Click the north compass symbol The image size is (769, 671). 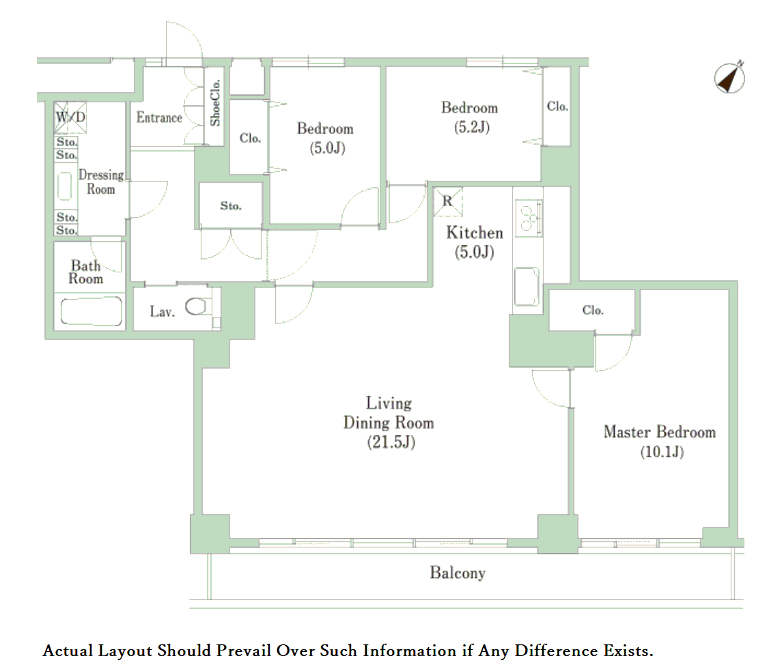point(729,77)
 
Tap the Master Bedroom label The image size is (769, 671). point(660,441)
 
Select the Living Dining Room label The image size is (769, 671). point(389,422)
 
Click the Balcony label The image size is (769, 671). point(458,573)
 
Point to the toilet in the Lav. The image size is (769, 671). point(198,307)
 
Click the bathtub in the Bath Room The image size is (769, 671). point(92,311)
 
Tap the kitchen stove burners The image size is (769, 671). point(529,218)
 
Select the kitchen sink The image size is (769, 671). point(527,287)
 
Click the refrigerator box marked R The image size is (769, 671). point(448,201)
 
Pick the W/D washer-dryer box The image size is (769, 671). point(70,117)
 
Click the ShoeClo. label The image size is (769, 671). point(215,103)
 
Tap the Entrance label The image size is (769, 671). point(159,117)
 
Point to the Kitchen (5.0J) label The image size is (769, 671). point(474,242)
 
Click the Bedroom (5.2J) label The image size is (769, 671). point(470,117)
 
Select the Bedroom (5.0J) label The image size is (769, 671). point(325,138)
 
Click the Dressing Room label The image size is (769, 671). point(102,182)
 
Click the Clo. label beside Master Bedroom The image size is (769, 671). point(593,311)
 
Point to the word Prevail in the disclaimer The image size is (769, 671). point(244,651)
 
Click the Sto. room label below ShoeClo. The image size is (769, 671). point(231,206)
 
